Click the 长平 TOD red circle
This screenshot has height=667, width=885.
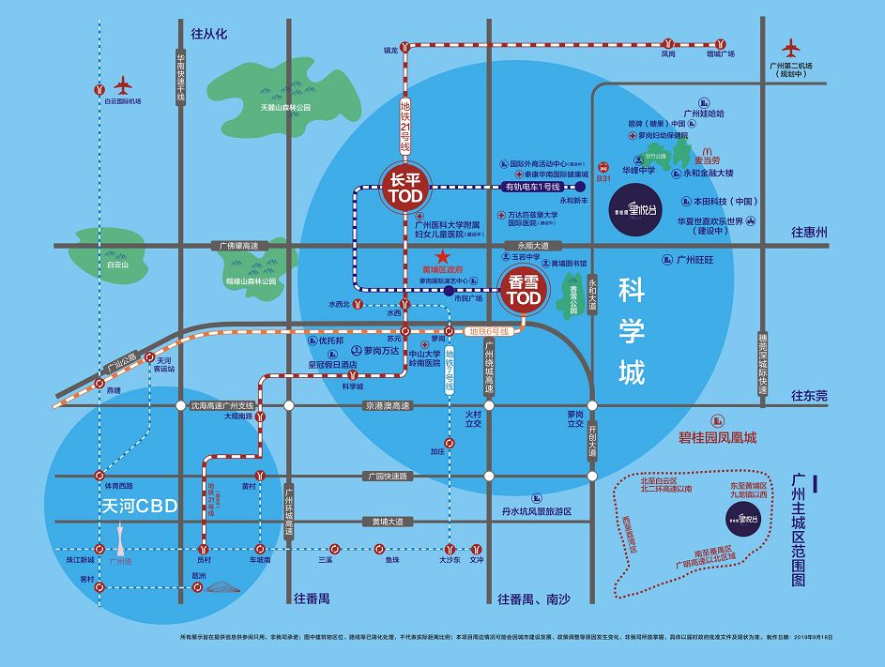coord(404,186)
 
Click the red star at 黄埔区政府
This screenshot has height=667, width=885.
coord(444,256)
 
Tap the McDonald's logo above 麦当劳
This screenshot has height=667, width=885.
coord(708,149)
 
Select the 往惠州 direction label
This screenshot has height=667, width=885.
coord(809,232)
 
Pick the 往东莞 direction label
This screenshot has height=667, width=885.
coord(809,396)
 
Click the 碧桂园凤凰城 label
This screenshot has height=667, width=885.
coord(717,438)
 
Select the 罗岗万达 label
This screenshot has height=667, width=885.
coord(381,351)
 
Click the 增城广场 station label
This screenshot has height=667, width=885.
coord(720,54)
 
